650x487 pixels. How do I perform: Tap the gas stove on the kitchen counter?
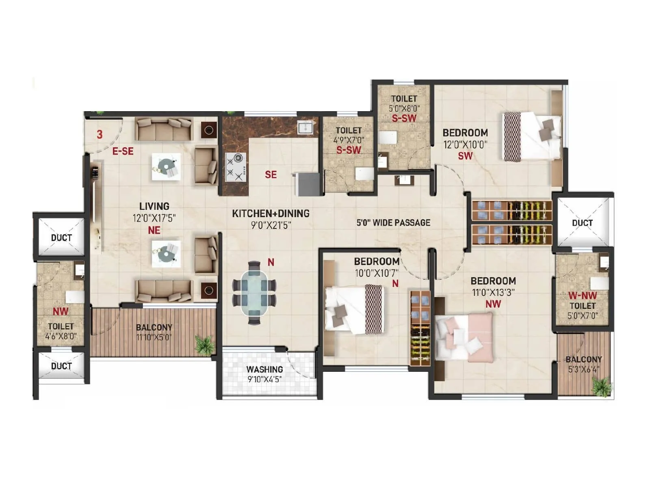(236, 167)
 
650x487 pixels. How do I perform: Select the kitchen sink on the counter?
(305, 128)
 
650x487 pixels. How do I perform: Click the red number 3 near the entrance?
(100, 134)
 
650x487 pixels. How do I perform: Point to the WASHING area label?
(264, 369)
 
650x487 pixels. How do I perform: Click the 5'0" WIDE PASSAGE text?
(393, 223)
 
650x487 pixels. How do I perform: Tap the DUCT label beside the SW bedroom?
(582, 223)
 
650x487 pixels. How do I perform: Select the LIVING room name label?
(154, 206)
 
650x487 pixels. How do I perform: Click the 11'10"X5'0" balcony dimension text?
(154, 337)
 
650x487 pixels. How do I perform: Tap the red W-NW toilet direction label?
(582, 295)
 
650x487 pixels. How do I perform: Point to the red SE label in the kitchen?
(271, 175)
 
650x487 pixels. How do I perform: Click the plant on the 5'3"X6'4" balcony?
(601, 386)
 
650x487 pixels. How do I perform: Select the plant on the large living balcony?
(204, 345)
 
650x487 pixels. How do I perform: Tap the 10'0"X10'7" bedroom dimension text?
(377, 273)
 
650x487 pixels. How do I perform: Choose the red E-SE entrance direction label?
(123, 151)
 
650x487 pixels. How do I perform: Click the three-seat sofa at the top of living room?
(163, 129)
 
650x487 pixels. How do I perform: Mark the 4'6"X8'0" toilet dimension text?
(61, 336)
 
